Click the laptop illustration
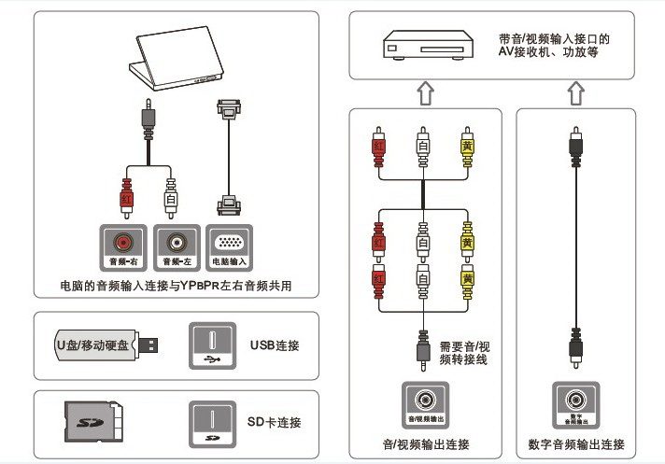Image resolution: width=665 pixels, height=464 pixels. tap(177, 62)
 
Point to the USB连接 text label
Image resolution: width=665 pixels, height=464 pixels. tap(275, 345)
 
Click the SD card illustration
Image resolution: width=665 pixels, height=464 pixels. tap(94, 421)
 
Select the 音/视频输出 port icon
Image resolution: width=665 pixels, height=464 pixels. tap(425, 402)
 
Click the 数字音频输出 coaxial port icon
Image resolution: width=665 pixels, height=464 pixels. tap(575, 402)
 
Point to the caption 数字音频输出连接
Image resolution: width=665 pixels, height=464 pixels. tap(574, 443)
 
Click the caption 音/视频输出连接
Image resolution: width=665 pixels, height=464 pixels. tap(425, 443)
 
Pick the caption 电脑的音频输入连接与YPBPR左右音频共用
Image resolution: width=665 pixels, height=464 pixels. tap(176, 286)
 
